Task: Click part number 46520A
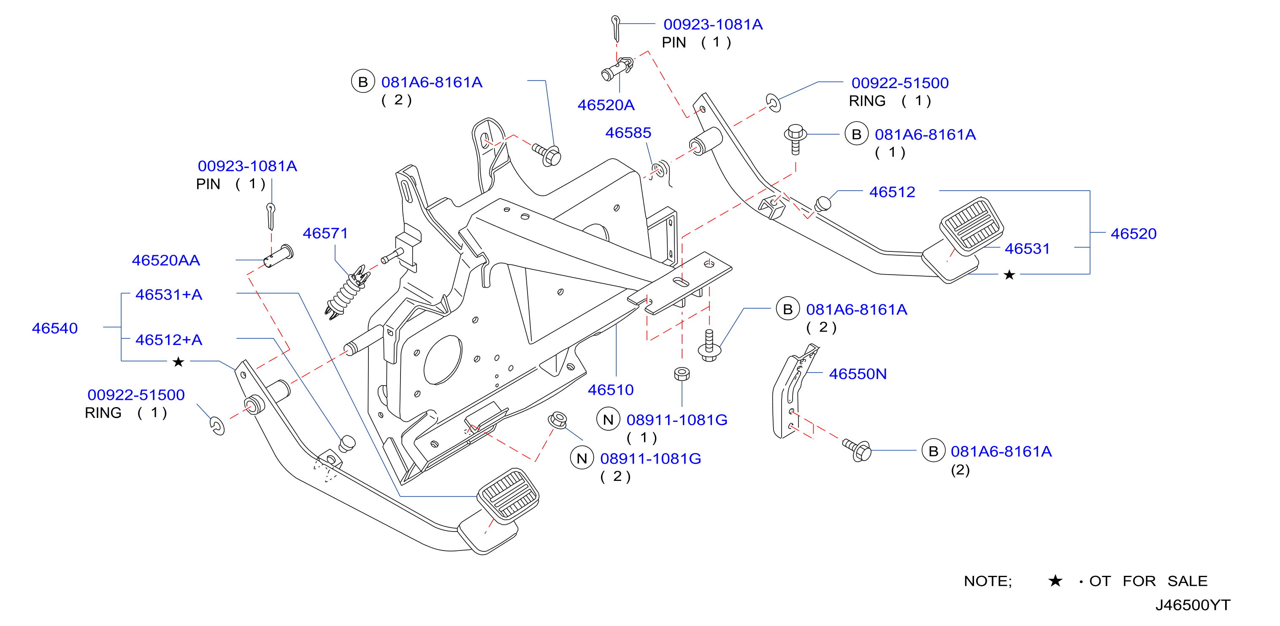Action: [606, 105]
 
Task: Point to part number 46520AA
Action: [166, 260]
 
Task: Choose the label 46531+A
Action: [169, 294]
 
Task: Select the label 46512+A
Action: [169, 340]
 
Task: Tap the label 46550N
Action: [858, 374]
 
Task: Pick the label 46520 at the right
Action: [1134, 234]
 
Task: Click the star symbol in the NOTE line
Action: [1055, 580]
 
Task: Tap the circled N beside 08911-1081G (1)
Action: [608, 419]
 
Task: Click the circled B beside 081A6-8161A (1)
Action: [857, 134]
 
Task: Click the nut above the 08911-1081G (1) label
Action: [682, 374]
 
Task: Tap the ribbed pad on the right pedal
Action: [971, 227]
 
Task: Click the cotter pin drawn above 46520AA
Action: [271, 216]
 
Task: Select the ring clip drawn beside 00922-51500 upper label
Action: [773, 103]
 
